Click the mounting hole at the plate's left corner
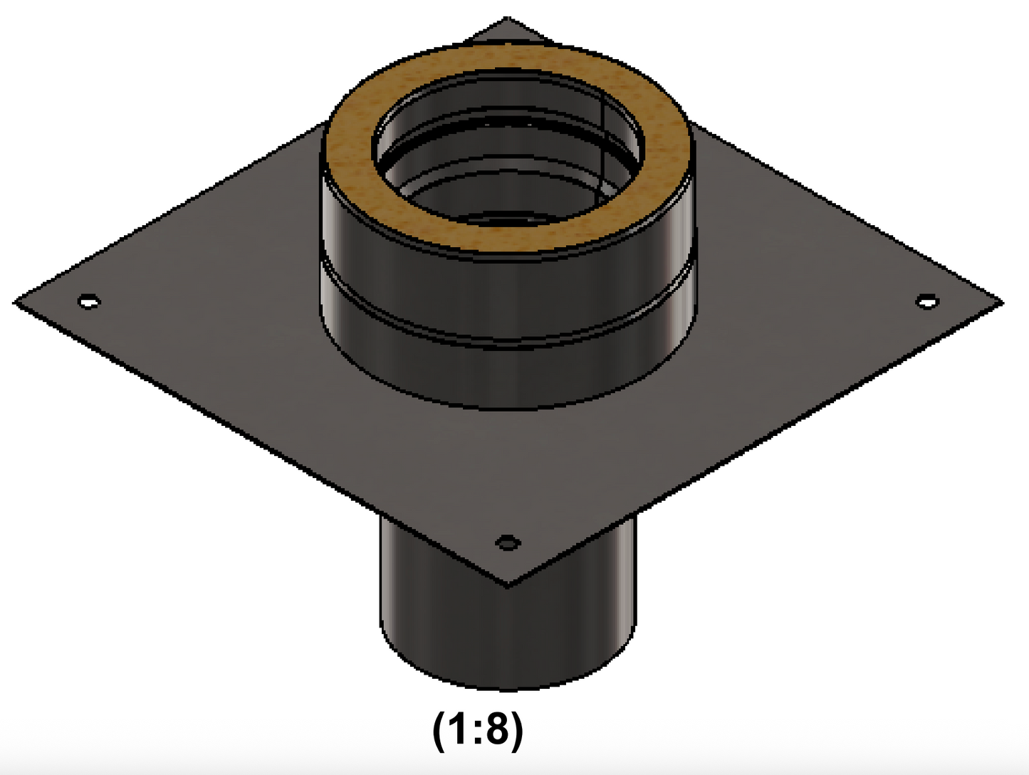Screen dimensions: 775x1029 coord(89,302)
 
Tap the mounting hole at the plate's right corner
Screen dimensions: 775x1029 coord(926,302)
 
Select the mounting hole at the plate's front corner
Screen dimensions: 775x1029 coord(507,543)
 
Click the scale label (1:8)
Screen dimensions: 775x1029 coord(478,729)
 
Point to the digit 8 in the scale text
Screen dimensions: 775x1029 coord(500,729)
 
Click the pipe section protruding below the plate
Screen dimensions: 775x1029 coord(507,634)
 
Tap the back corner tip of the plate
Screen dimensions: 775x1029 coord(506,19)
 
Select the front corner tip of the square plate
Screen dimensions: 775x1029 coord(507,586)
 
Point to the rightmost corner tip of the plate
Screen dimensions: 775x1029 coord(1001,302)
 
